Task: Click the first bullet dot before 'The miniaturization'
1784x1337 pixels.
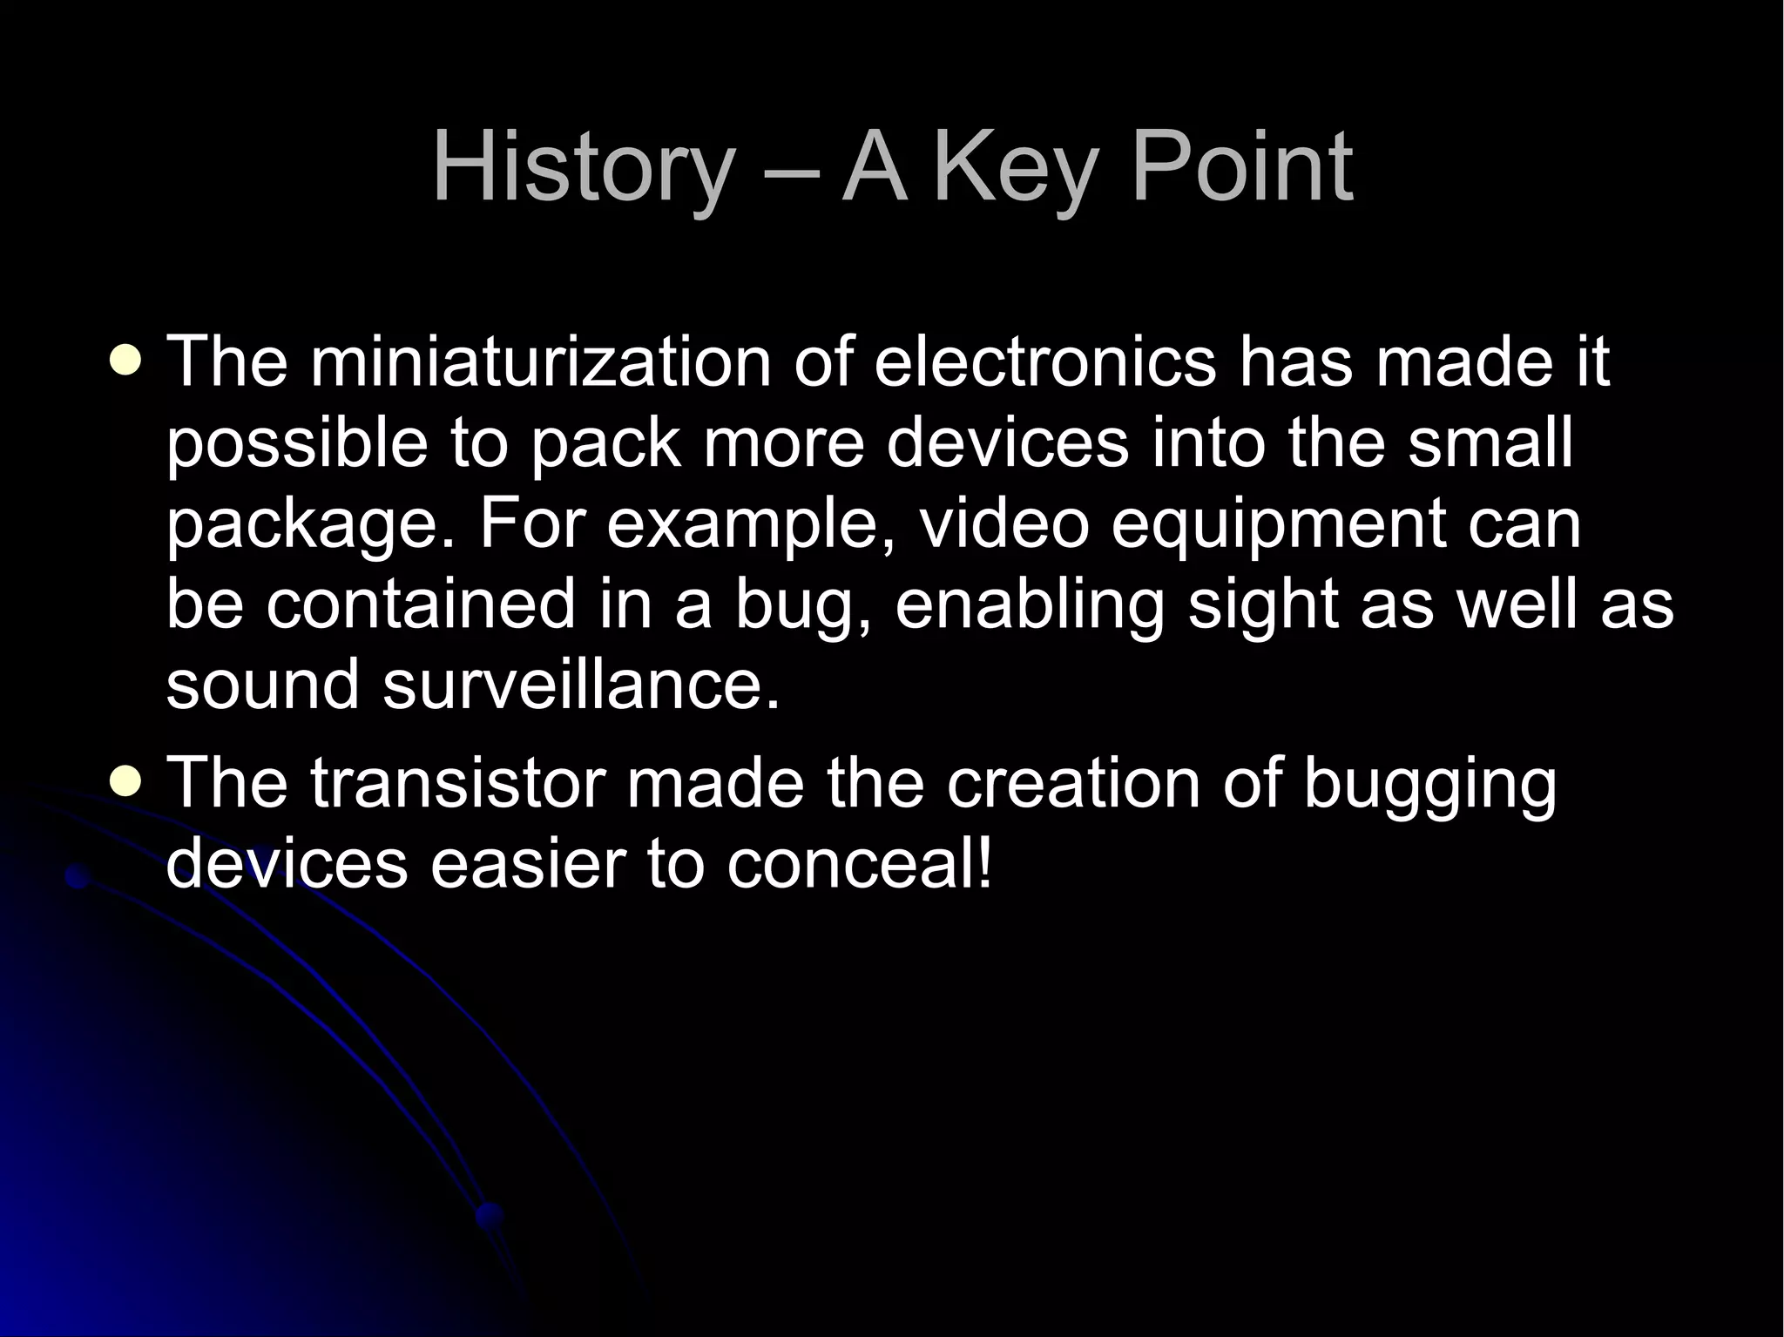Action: (x=126, y=360)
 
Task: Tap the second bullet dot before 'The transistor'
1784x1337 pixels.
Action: (x=126, y=781)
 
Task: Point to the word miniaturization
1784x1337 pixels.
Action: (x=540, y=361)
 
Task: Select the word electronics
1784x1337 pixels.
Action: (x=1044, y=361)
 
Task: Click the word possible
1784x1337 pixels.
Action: (x=297, y=444)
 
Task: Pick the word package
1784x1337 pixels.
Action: (x=309, y=525)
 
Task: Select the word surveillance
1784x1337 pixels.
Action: (x=579, y=685)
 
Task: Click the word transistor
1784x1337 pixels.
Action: (x=456, y=782)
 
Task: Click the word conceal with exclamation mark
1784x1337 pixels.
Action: (x=859, y=864)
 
